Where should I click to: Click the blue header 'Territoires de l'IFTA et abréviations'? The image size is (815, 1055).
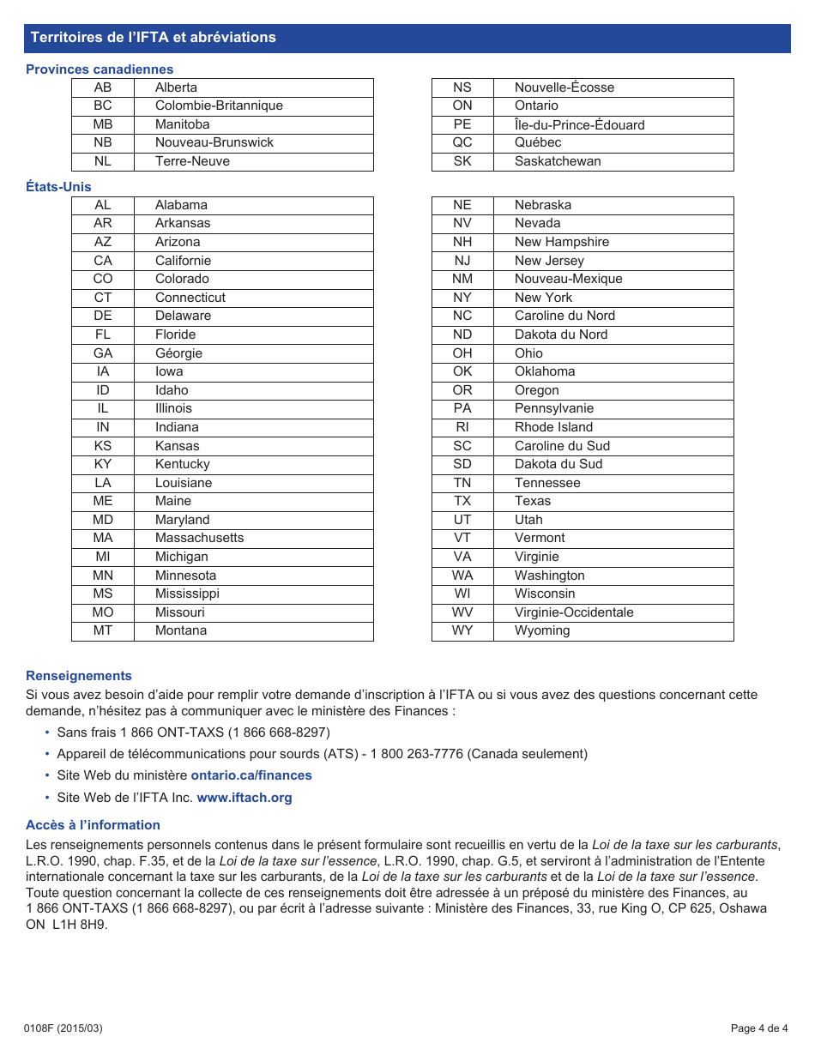153,38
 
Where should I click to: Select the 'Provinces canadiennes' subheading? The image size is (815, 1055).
100,69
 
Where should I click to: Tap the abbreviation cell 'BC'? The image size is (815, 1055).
103,105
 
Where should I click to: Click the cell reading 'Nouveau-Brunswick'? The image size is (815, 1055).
214,142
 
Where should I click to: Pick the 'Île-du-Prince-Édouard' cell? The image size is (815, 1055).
579,124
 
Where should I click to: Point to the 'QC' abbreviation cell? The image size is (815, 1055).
462,142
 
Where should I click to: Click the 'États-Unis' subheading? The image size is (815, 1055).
58,187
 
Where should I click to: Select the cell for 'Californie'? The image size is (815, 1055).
183,261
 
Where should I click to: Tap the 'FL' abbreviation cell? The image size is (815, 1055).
103,335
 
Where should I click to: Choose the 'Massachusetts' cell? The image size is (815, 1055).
199,538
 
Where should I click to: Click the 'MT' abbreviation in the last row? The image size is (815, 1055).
103,630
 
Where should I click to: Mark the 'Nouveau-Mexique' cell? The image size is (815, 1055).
568,279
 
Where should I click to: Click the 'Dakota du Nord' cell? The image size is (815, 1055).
560,335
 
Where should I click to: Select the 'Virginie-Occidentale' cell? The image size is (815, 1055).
574,612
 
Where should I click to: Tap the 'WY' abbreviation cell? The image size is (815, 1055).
462,630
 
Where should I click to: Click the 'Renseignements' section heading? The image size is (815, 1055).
79,676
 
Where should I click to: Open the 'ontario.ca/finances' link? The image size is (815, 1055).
251,775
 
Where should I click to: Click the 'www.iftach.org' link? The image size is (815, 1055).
244,798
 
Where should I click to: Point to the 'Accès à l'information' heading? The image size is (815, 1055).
93,825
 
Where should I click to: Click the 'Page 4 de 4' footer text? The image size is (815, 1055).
758,1028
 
